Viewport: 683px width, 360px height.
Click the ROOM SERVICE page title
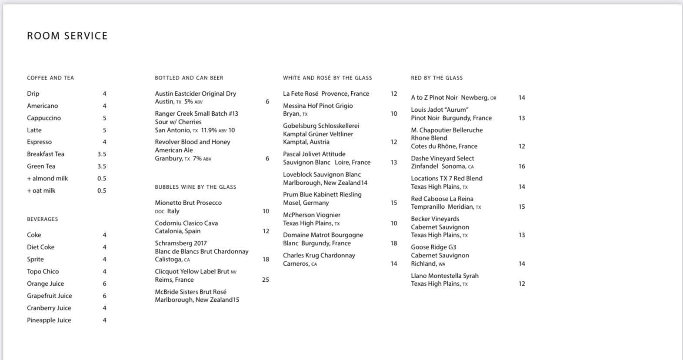click(67, 36)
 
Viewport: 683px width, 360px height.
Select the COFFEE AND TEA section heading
click(50, 78)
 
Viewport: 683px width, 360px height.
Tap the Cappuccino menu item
click(44, 118)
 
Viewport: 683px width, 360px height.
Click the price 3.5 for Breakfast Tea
click(102, 154)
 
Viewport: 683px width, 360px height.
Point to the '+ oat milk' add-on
click(41, 190)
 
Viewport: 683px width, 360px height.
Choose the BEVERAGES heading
click(43, 219)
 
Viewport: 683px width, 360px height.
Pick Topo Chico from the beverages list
click(43, 271)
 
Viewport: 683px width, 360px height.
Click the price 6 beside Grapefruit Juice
click(104, 296)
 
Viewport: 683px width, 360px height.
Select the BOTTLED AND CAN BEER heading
click(189, 78)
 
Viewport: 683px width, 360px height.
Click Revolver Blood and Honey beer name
click(193, 142)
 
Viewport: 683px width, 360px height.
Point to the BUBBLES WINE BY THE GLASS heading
click(196, 187)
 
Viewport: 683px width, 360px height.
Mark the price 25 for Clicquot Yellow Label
click(266, 280)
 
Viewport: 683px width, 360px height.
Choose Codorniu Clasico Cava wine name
click(187, 223)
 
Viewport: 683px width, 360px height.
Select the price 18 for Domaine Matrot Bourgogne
click(394, 243)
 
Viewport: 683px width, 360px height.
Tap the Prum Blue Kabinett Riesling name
click(322, 194)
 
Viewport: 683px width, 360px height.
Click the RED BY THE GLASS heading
click(437, 78)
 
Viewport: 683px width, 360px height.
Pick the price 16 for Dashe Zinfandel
click(522, 166)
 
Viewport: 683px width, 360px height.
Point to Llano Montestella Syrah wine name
click(445, 276)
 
